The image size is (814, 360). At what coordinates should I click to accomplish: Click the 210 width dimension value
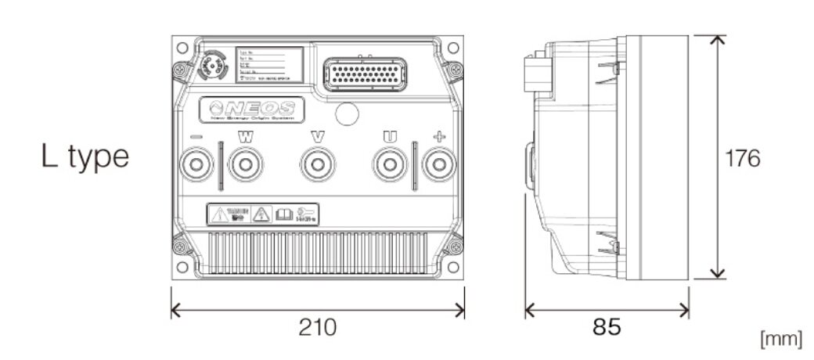(318, 327)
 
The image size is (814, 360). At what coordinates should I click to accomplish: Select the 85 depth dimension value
(607, 327)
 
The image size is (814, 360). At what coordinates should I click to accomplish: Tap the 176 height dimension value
(742, 158)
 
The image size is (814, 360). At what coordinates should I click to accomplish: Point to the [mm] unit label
(780, 339)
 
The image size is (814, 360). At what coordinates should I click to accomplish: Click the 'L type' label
(85, 157)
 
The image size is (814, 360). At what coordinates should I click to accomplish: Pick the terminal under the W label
(246, 165)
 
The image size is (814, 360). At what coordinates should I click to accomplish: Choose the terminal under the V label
(317, 165)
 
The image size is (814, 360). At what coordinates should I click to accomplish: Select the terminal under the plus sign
(439, 165)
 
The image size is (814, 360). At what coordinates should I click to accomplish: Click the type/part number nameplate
(270, 64)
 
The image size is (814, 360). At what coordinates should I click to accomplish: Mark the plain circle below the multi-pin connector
(347, 114)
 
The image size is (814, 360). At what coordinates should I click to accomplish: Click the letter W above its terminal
(246, 137)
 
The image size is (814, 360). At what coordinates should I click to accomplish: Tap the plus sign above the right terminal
(439, 137)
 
